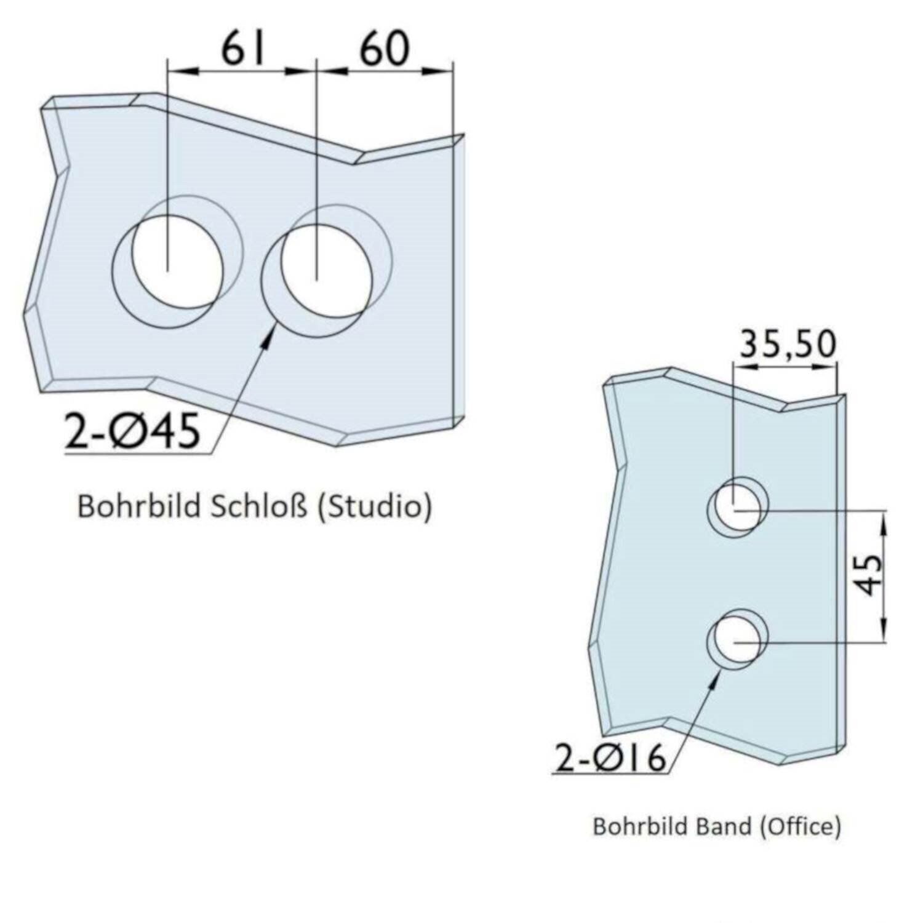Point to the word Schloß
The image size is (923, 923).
(259, 506)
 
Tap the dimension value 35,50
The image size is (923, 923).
(787, 345)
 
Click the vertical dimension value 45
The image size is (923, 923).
(869, 575)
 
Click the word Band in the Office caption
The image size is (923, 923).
(723, 826)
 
